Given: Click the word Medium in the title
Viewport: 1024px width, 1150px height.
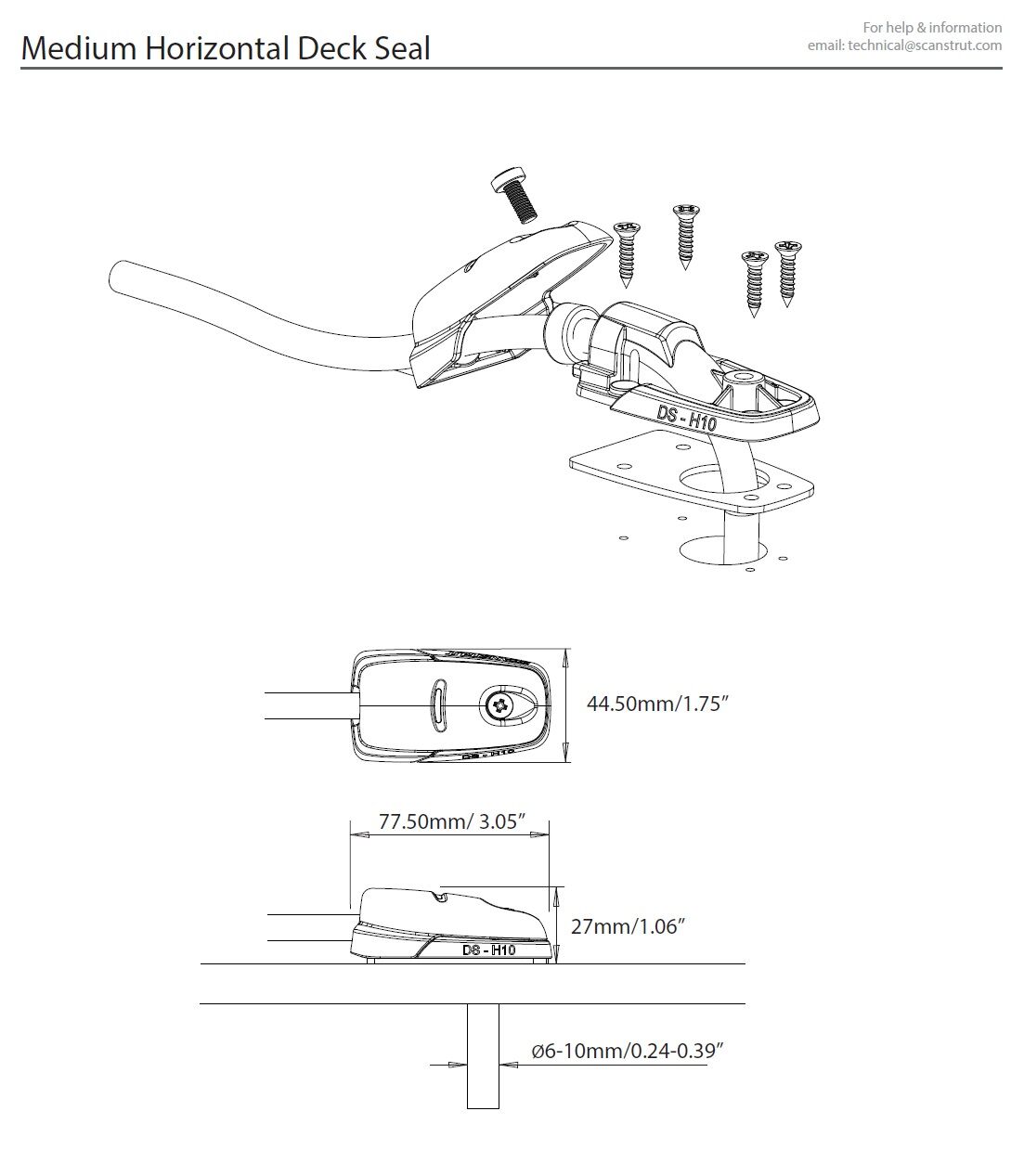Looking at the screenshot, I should pyautogui.click(x=79, y=48).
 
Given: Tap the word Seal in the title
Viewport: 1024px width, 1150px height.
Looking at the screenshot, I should pyautogui.click(x=400, y=48).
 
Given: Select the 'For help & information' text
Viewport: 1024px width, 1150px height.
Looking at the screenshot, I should pyautogui.click(x=932, y=27).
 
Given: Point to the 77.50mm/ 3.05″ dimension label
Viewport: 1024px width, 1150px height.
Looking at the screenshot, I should pyautogui.click(x=452, y=821).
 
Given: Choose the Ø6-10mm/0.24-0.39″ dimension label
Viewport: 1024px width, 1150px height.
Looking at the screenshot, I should pyautogui.click(x=627, y=1051).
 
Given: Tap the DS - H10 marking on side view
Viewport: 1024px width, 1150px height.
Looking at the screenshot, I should pyautogui.click(x=488, y=950).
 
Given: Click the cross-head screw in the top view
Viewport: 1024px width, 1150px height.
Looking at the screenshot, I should pyautogui.click(x=500, y=706).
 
